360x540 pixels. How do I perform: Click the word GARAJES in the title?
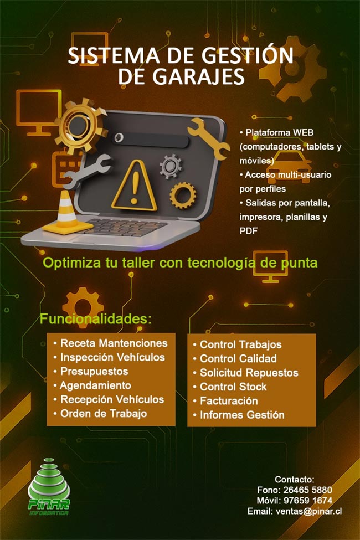[x=198, y=76]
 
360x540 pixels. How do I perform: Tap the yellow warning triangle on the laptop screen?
[x=135, y=186]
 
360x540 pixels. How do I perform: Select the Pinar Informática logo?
[x=49, y=486]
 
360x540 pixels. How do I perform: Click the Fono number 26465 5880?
[x=307, y=490]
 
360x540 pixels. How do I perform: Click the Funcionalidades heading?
[x=96, y=319]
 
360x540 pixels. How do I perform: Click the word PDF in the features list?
[x=248, y=231]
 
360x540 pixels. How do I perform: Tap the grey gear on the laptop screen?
[x=171, y=166]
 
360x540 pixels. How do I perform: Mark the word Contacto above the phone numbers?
[x=294, y=480]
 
